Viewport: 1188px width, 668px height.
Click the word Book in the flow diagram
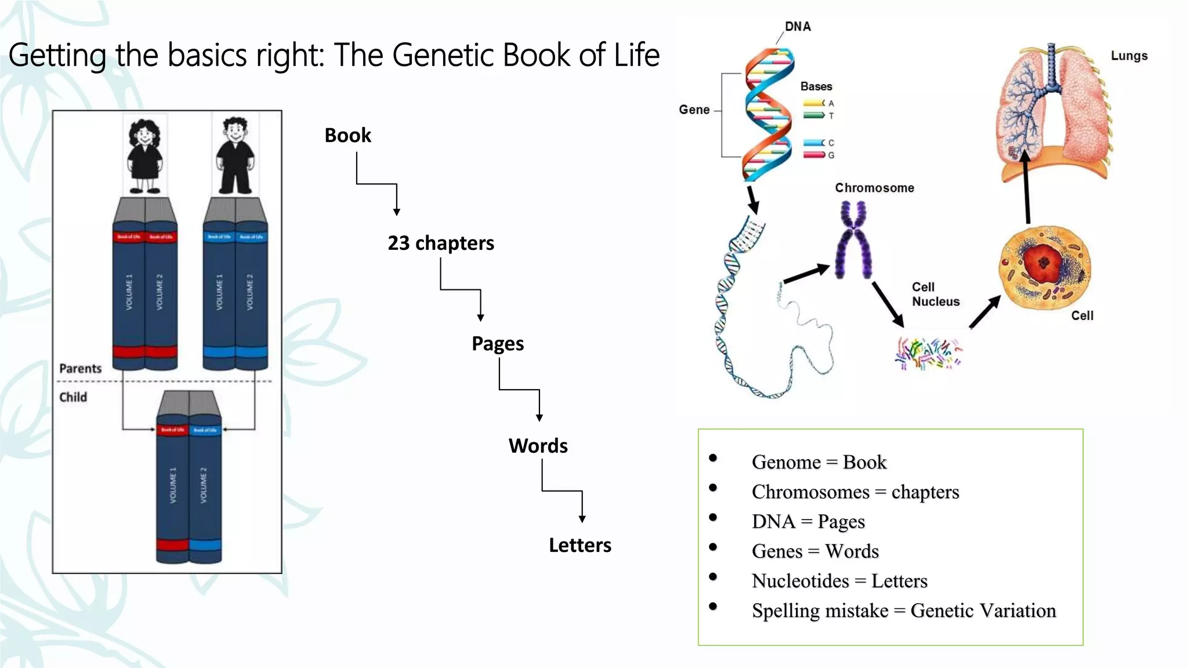click(347, 135)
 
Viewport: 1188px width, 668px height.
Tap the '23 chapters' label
click(441, 243)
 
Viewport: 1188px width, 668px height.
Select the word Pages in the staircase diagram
click(498, 344)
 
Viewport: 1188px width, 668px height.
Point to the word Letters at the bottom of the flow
click(580, 545)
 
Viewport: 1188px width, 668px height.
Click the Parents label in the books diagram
click(81, 369)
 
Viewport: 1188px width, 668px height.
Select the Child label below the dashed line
click(73, 397)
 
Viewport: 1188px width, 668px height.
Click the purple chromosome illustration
click(853, 240)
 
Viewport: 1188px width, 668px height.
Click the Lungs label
click(1129, 56)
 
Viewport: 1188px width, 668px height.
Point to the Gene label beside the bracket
click(694, 110)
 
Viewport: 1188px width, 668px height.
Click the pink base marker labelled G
click(814, 155)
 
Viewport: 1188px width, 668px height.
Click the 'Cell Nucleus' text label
click(935, 294)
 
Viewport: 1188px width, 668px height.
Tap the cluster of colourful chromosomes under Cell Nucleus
click(928, 353)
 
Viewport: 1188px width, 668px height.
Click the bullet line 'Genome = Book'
click(818, 462)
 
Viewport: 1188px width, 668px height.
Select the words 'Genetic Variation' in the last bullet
click(983, 611)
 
